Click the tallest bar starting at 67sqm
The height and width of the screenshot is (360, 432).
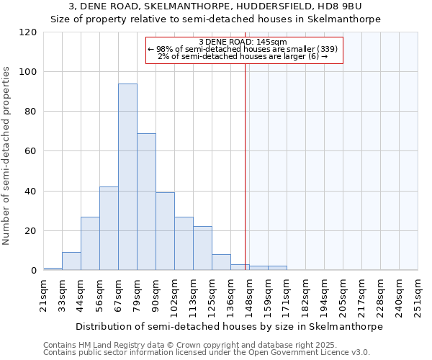pyautogui.click(x=127, y=177)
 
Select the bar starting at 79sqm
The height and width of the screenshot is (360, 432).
pyautogui.click(x=146, y=202)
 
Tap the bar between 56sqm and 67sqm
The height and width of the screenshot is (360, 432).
pyautogui.click(x=109, y=228)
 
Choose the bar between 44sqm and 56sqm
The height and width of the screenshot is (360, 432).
pyautogui.click(x=90, y=243)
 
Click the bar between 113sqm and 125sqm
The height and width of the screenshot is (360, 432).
pyautogui.click(x=202, y=248)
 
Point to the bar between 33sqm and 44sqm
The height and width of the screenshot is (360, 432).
pyautogui.click(x=71, y=261)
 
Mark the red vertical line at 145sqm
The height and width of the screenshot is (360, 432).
pyautogui.click(x=246, y=166)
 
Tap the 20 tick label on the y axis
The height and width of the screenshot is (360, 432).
pyautogui.click(x=31, y=231)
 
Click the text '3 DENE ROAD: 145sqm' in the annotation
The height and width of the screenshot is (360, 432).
pyautogui.click(x=243, y=42)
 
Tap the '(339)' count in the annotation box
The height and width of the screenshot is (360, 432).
pyautogui.click(x=326, y=49)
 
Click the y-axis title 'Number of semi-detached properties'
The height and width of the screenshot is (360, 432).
pyautogui.click(x=6, y=156)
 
